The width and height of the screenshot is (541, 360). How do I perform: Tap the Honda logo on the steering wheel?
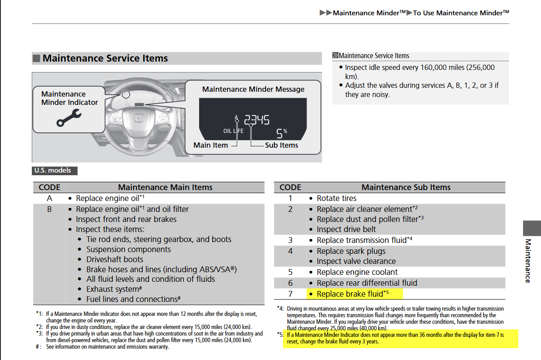(x=138, y=118)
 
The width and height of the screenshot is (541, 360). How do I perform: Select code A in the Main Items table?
(x=49, y=198)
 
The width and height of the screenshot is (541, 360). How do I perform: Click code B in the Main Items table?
(x=49, y=209)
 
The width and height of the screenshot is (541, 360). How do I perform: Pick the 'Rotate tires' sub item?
(x=336, y=198)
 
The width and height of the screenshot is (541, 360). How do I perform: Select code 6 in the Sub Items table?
(x=290, y=283)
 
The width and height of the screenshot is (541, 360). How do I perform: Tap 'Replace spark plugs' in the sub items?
(x=351, y=251)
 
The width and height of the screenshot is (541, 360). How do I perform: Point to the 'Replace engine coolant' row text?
(x=357, y=272)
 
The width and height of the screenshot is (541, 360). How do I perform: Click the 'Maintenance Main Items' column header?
(x=165, y=187)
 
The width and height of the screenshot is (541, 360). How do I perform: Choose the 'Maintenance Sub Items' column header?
(x=406, y=187)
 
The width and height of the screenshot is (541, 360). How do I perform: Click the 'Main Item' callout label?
(x=210, y=145)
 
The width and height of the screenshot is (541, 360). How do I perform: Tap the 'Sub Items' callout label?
(x=282, y=145)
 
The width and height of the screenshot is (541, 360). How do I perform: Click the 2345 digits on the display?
(x=257, y=119)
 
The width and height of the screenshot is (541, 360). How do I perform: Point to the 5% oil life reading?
(x=282, y=132)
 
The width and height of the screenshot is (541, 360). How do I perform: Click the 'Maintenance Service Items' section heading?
(x=105, y=59)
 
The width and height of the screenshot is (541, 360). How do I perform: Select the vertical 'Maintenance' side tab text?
(x=528, y=261)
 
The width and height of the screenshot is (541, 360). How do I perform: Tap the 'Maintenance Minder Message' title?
(x=253, y=89)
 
